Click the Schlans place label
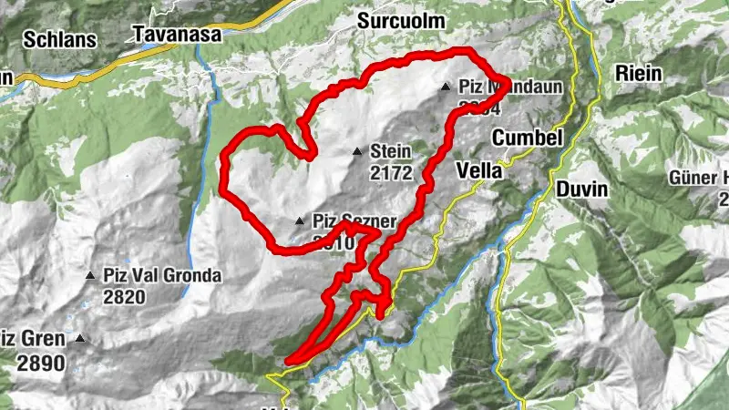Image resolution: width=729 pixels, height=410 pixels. pos(59,39)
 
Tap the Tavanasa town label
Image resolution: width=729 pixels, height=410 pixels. pos(170,35)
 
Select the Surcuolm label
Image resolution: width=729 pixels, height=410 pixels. pos(400,20)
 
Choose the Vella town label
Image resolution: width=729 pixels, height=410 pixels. pos(477,170)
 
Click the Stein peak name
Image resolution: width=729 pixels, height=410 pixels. pos(392,151)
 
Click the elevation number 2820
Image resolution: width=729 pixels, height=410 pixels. pos(125,296)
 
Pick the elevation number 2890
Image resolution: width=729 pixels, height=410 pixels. pos(41,362)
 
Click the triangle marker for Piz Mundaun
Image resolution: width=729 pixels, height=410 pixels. pos(446,87)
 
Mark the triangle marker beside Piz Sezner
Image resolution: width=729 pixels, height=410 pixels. pos(299,220)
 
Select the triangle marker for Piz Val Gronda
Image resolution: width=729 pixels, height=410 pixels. pos(89,275)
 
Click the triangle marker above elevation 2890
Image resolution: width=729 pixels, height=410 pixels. pos(80,340)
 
